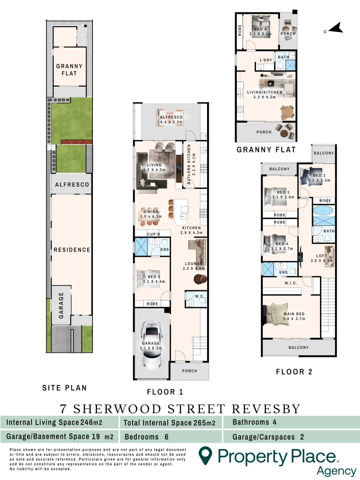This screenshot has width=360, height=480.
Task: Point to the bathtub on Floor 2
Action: tap(323, 211)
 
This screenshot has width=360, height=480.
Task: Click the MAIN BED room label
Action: tap(294, 314)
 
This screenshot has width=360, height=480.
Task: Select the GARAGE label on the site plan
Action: tap(61, 303)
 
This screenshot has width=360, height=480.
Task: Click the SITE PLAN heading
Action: tap(64, 388)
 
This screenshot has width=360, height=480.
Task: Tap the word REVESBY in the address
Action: tap(266, 408)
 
